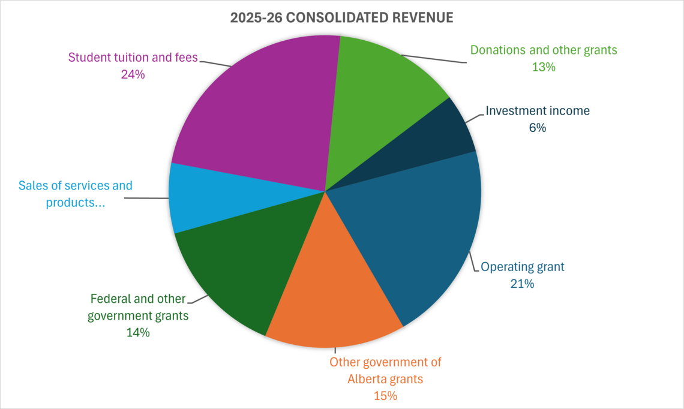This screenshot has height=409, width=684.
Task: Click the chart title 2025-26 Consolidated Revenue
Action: pyautogui.click(x=341, y=18)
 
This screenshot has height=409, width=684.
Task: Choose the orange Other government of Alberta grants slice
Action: pyautogui.click(x=333, y=294)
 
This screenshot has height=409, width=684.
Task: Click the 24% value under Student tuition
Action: pyautogui.click(x=133, y=74)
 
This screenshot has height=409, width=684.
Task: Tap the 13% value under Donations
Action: pyautogui.click(x=544, y=67)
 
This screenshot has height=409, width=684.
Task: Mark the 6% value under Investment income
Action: pyautogui.click(x=538, y=127)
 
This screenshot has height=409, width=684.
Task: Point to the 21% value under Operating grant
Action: pyautogui.click(x=522, y=283)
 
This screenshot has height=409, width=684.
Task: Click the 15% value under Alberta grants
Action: pyautogui.click(x=385, y=396)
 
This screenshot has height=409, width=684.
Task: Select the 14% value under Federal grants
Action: pyautogui.click(x=138, y=332)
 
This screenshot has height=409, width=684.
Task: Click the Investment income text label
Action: pyautogui.click(x=538, y=111)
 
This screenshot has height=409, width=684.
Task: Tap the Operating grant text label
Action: pyautogui.click(x=523, y=267)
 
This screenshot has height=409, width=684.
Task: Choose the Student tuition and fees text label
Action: pyautogui.click(x=133, y=58)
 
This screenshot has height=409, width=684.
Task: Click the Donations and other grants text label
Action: pyautogui.click(x=544, y=50)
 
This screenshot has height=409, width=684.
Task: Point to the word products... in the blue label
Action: pyautogui.click(x=76, y=203)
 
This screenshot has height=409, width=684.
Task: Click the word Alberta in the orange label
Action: pyautogui.click(x=371, y=379)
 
